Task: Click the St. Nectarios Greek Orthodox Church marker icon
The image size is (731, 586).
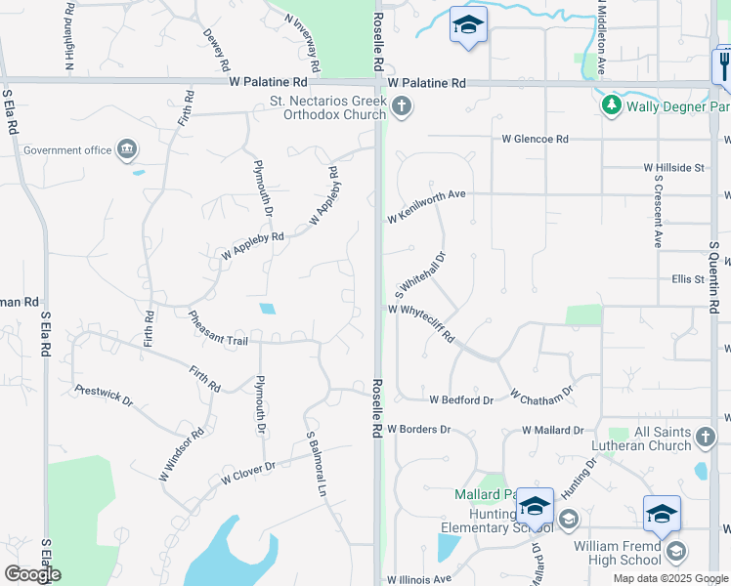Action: (x=401, y=105)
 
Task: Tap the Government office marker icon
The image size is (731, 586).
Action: (x=127, y=149)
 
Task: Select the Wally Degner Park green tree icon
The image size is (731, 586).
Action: (x=612, y=105)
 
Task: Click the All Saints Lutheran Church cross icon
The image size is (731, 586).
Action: (x=706, y=437)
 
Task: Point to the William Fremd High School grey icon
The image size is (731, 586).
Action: (x=675, y=553)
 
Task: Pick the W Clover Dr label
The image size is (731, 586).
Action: (x=248, y=473)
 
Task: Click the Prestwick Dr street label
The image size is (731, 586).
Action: (x=104, y=395)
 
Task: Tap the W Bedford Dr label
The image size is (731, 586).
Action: (x=461, y=400)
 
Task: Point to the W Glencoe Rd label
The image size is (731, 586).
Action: (x=535, y=140)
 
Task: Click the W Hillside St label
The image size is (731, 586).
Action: (x=673, y=168)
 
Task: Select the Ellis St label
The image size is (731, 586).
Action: (x=688, y=279)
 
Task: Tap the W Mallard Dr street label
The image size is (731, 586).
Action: (x=552, y=430)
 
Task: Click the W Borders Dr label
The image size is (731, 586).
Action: (x=418, y=429)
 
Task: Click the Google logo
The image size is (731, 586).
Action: (x=32, y=574)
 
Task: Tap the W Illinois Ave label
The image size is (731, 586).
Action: (x=419, y=579)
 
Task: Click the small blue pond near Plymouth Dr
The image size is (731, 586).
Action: (x=267, y=309)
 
